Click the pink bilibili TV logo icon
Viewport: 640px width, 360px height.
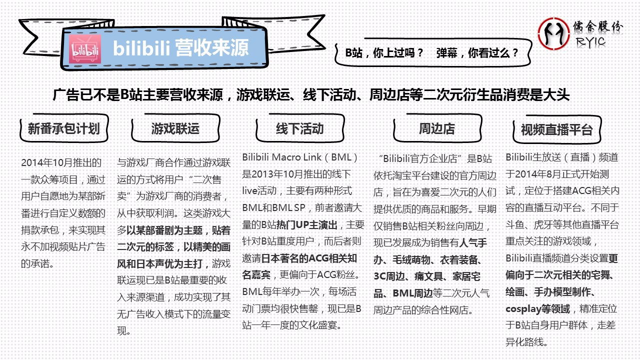click(85, 49)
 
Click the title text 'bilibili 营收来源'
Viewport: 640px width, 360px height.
click(180, 48)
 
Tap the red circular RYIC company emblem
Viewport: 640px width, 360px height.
click(553, 33)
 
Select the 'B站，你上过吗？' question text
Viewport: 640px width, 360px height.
click(384, 53)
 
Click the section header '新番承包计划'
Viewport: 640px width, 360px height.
click(63, 129)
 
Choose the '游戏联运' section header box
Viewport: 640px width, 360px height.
click(175, 129)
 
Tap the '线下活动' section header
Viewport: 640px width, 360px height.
click(300, 129)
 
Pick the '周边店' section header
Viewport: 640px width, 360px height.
click(436, 129)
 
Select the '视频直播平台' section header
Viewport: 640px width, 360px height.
click(556, 130)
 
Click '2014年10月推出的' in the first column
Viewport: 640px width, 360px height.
click(61, 162)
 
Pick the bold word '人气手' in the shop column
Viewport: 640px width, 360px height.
click(473, 243)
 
